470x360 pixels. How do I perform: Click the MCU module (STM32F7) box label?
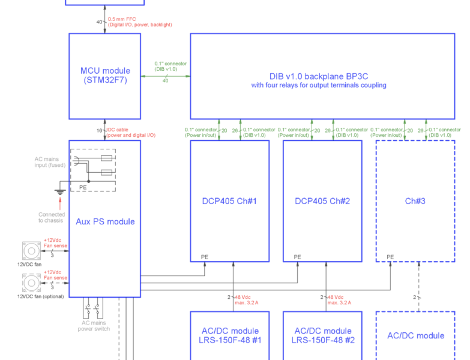pos(104,75)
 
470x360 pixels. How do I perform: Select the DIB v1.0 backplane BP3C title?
pos(319,76)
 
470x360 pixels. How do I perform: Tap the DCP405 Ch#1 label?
pos(229,201)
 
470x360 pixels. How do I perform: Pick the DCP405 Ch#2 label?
pos(322,201)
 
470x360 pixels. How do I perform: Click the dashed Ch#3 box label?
pos(415,201)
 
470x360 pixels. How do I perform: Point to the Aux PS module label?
pos(105,221)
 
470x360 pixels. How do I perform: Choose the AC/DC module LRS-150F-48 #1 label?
pos(229,335)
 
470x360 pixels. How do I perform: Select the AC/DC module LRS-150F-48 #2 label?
pos(322,335)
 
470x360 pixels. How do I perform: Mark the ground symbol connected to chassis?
pos(59,193)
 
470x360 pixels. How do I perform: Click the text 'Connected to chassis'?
pos(52,217)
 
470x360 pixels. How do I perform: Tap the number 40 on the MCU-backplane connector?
pos(165,81)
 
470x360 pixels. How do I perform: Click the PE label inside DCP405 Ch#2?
pos(297,257)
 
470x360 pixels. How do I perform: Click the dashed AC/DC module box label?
pos(415,335)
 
